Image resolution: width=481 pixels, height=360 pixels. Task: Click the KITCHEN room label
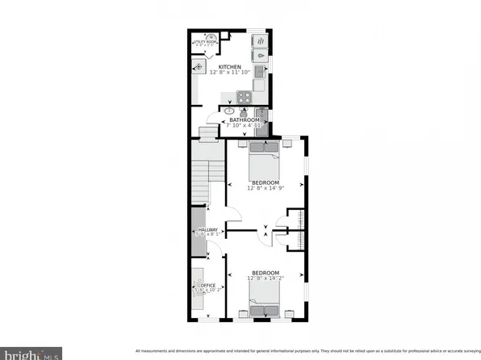click(230, 66)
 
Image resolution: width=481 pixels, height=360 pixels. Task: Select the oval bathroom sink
click(229, 110)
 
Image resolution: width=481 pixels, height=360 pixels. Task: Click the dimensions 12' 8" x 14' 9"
click(266, 190)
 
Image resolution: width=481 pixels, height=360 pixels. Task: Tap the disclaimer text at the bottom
click(307, 351)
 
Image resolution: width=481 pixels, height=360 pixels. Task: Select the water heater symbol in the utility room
click(211, 38)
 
